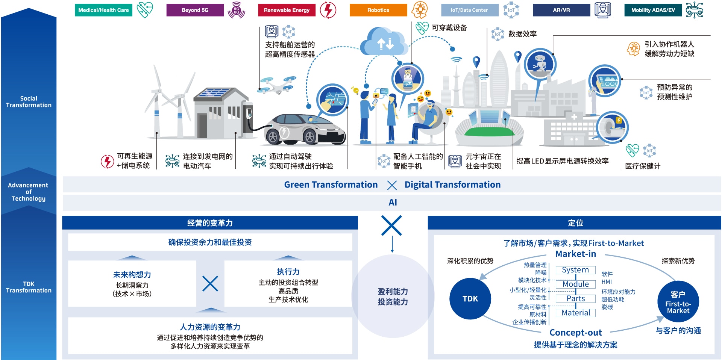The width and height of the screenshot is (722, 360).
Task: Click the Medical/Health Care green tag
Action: (103, 10)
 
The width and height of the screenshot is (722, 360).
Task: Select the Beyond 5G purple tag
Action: (195, 10)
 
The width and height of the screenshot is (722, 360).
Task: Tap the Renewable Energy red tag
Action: (287, 10)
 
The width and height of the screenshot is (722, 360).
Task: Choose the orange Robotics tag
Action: (378, 10)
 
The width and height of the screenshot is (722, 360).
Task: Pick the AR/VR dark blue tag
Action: (561, 10)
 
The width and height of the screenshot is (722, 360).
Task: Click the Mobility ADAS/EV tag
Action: (653, 10)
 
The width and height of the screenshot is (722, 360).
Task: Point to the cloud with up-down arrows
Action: (384, 42)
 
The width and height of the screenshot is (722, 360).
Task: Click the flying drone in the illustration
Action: (278, 85)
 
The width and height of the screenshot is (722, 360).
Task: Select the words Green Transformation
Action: (331, 185)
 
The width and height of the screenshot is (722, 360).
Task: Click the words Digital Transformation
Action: (452, 185)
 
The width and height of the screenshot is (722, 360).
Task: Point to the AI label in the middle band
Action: (393, 203)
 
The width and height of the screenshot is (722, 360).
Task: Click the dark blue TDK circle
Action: (470, 299)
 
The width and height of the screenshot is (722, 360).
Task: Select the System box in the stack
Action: (575, 270)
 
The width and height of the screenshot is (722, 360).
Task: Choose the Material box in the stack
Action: (576, 313)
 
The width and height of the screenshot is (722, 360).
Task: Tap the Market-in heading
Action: (576, 254)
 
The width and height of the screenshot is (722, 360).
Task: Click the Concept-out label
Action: (575, 333)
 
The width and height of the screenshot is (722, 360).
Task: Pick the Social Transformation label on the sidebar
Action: (29, 102)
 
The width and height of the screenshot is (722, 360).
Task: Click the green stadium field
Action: (489, 132)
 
